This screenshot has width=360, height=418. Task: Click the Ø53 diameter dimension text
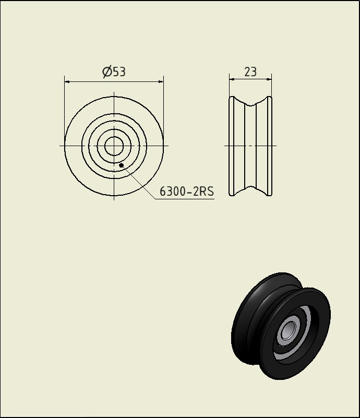(x=114, y=71)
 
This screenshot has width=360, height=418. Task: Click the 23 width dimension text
(x=250, y=72)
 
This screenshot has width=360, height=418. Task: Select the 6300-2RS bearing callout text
(x=187, y=191)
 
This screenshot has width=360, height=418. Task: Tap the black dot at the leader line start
(x=121, y=165)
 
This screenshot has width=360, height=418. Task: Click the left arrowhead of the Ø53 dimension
(x=67, y=81)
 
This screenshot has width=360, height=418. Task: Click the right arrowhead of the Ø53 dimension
(x=161, y=81)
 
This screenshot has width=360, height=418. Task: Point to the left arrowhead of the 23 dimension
(x=232, y=79)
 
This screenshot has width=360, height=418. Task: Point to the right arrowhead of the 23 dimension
(x=269, y=79)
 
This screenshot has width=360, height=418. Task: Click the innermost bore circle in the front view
(x=114, y=137)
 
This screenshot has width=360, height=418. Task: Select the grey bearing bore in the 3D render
(x=288, y=330)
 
